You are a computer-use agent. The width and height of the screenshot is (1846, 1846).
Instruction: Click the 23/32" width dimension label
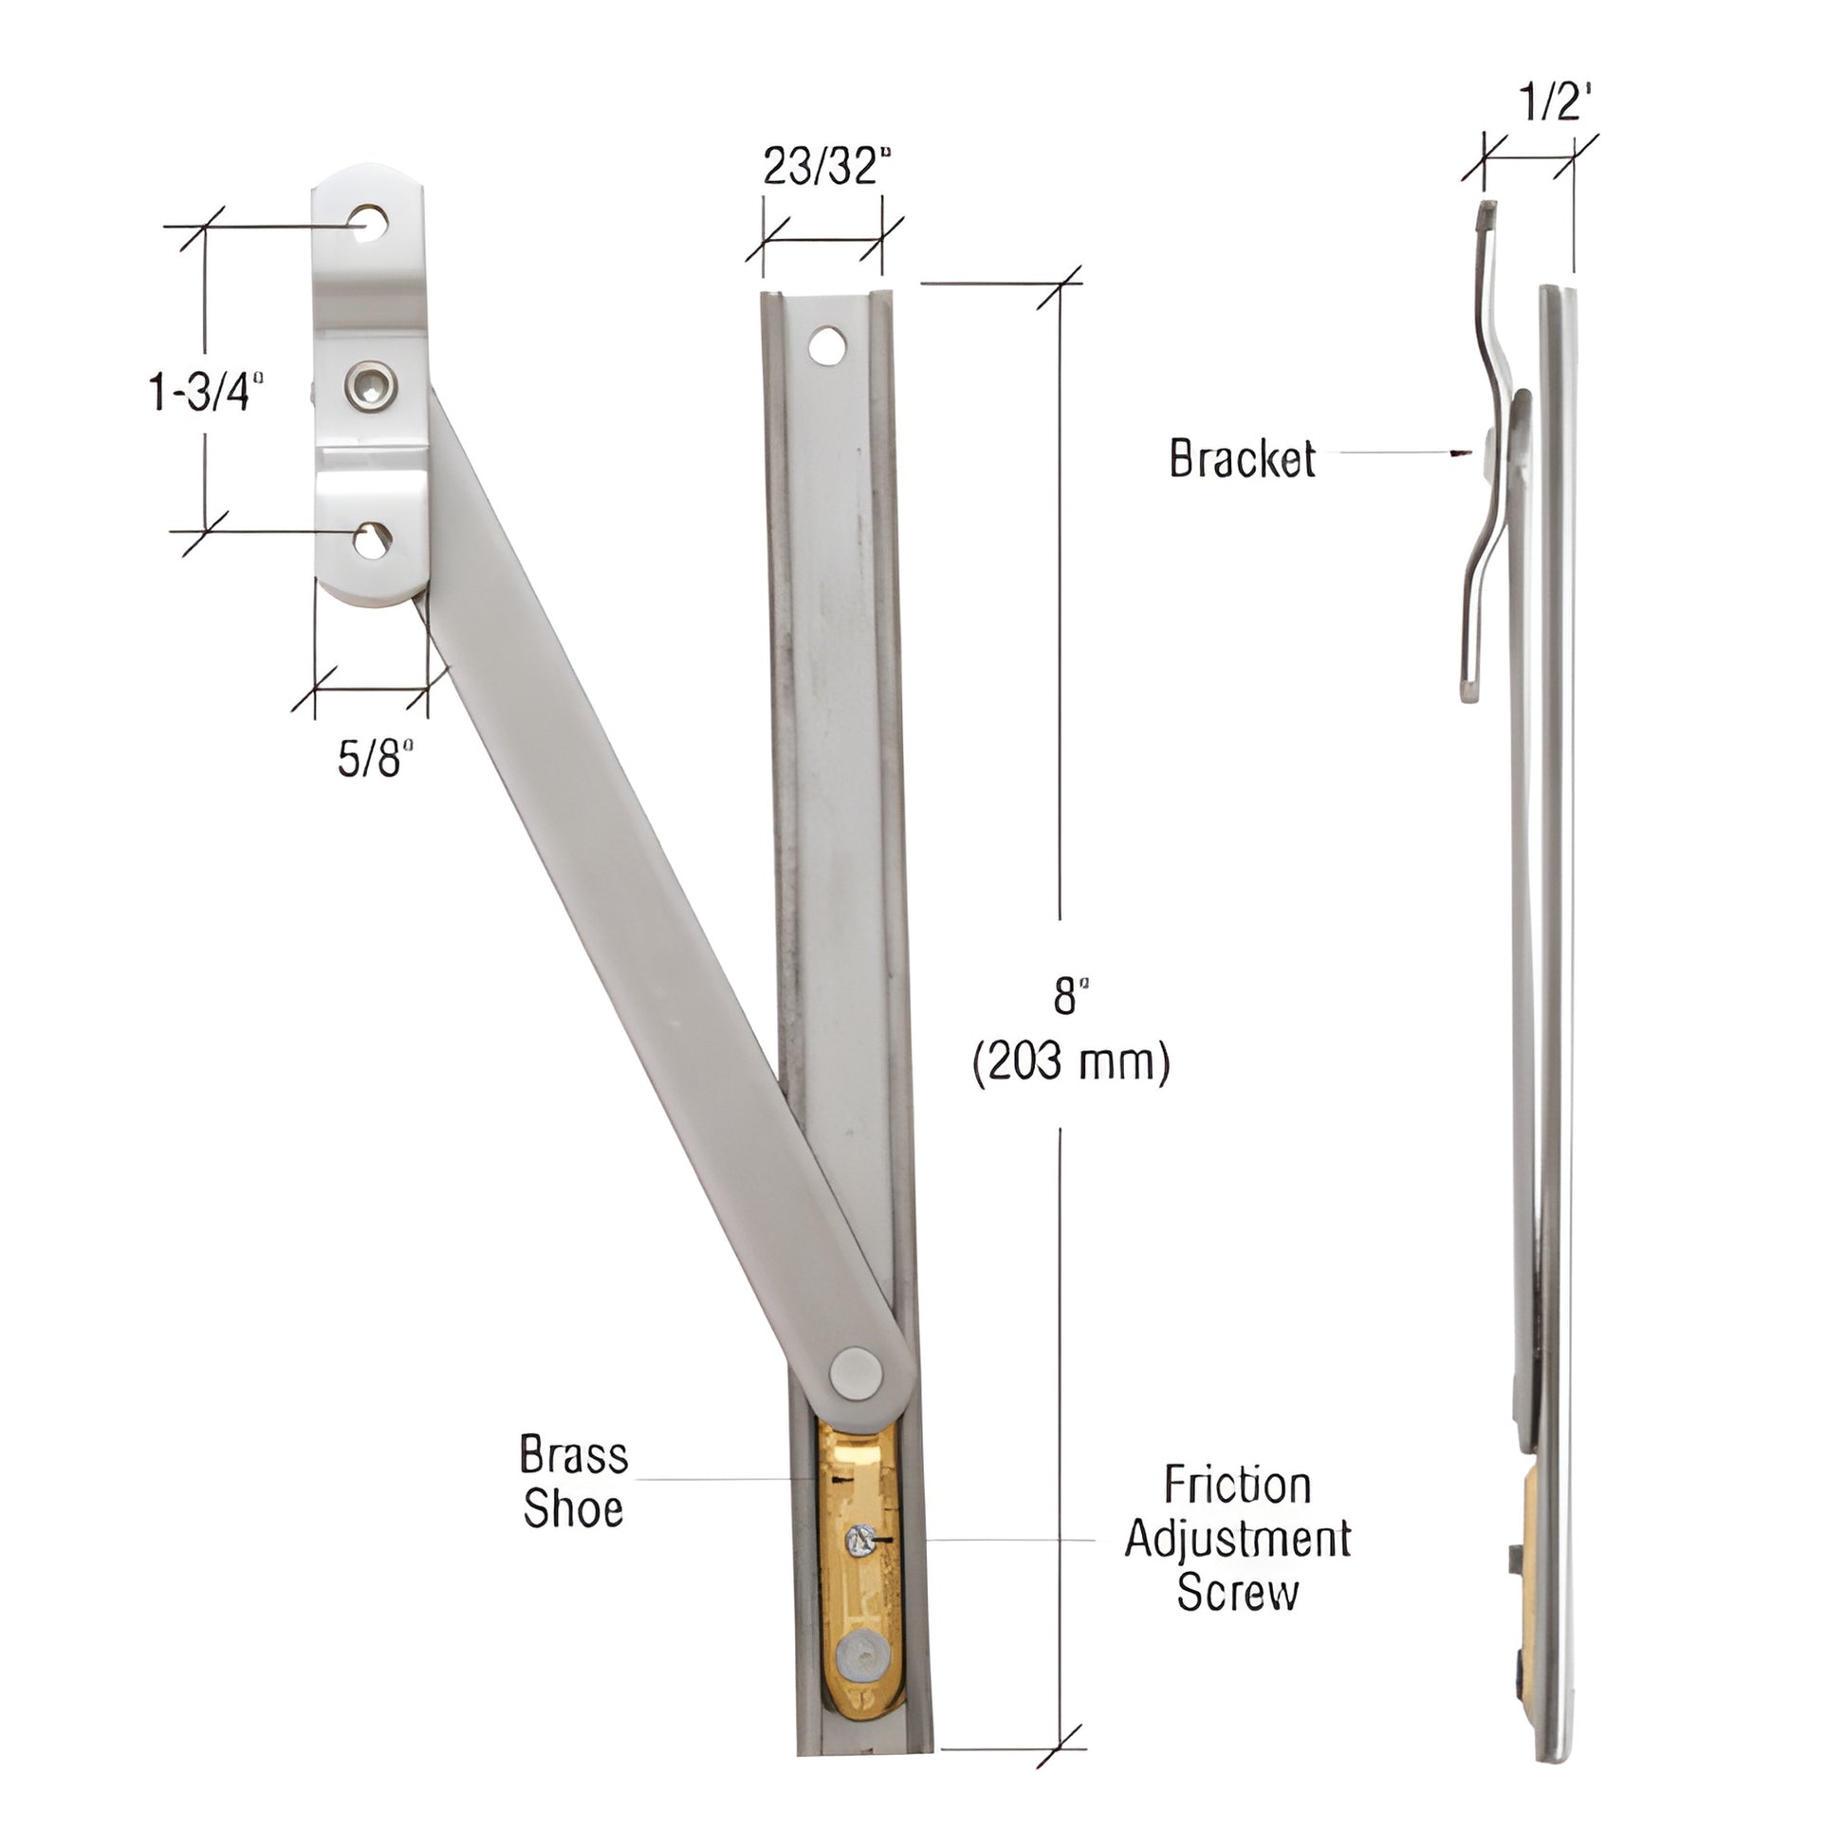[825, 167]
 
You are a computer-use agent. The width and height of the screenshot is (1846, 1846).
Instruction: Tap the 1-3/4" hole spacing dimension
[206, 392]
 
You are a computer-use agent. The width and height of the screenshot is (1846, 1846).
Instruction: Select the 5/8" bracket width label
[375, 759]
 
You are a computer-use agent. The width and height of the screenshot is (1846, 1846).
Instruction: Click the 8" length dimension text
[1070, 997]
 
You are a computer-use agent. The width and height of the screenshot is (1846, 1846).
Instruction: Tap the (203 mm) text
[1070, 1061]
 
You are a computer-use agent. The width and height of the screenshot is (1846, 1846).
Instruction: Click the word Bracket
[1241, 458]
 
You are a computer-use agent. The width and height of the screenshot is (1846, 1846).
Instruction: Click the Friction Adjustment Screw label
[1237, 1539]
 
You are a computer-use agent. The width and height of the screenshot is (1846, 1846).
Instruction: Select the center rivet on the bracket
[371, 386]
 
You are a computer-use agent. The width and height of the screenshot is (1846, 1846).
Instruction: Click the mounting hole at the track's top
[826, 345]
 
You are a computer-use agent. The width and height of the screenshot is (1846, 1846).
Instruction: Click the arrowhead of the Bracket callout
[1458, 453]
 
